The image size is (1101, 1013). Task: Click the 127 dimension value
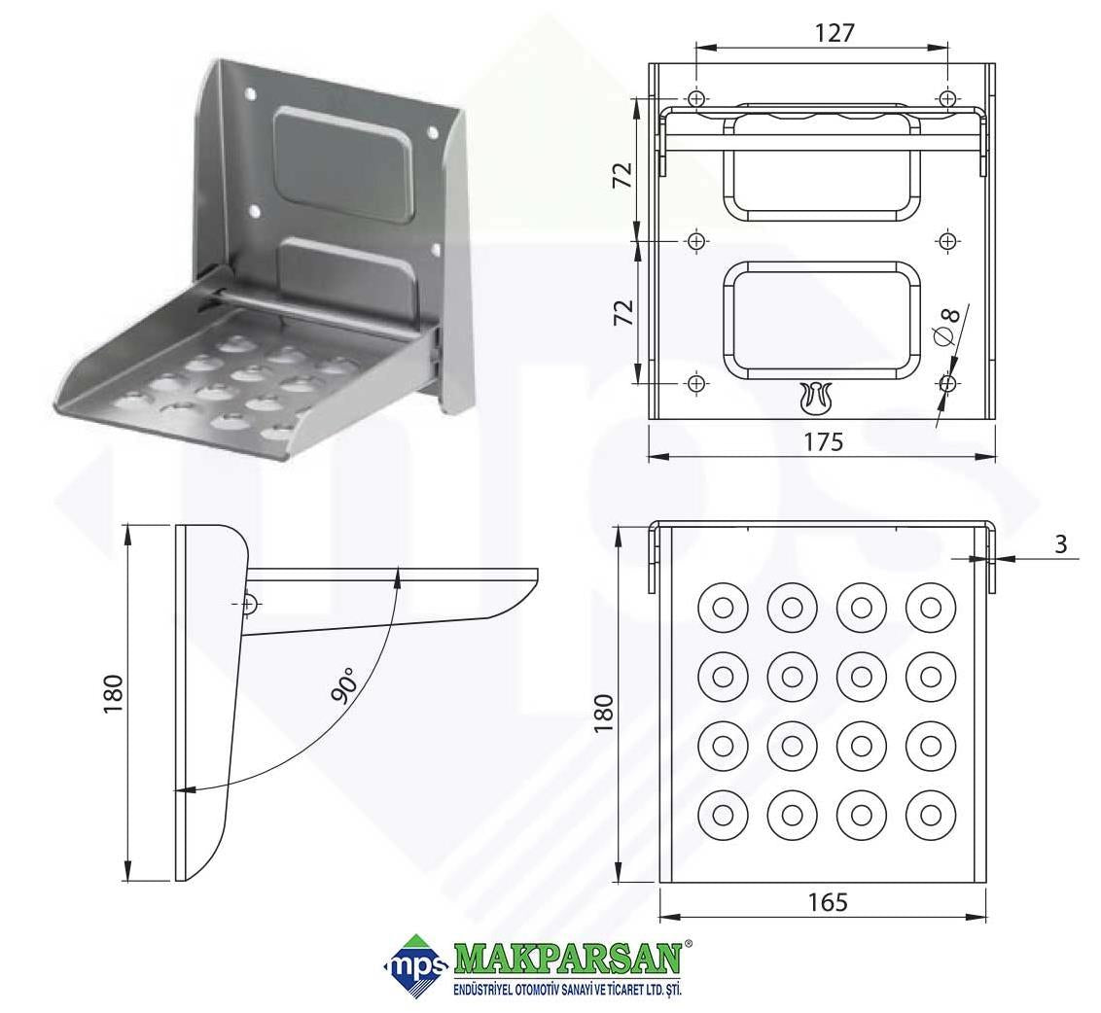pos(835,32)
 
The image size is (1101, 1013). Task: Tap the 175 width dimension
pos(823,441)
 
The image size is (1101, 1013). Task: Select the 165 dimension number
pos(828,902)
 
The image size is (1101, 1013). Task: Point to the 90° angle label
pos(344,684)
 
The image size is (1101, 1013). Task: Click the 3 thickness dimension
pos(1060,543)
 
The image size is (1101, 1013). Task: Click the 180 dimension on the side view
pos(113,693)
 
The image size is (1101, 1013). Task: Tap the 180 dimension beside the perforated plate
pos(603,714)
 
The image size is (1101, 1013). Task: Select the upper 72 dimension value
pos(622,175)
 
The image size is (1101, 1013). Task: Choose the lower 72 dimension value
pos(622,312)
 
